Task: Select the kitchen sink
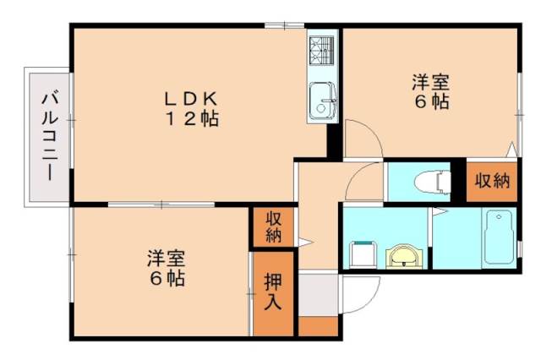tap(322, 101)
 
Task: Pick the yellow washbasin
tap(403, 254)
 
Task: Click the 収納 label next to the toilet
tap(490, 179)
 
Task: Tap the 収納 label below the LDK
tap(273, 226)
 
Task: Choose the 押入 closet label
tap(273, 290)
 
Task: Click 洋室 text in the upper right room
tap(430, 83)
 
